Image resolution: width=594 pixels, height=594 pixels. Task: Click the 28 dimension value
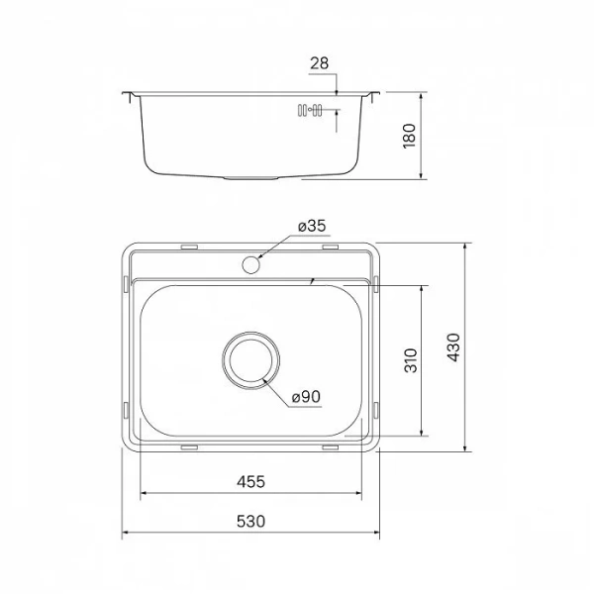pos(319,63)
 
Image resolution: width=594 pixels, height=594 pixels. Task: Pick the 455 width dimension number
pos(250,482)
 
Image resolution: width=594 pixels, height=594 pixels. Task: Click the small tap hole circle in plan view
pos(251,264)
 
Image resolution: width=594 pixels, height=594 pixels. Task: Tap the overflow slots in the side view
pos(308,111)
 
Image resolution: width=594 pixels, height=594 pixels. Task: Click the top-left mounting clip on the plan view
pos(189,245)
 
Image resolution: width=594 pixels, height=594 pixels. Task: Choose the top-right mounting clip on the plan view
pos(330,245)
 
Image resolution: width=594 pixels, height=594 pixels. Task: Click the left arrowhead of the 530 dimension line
pos(126,536)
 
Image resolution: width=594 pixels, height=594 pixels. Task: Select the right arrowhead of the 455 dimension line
pos(360,493)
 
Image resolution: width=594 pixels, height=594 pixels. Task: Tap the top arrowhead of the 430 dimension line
pos(466,243)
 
